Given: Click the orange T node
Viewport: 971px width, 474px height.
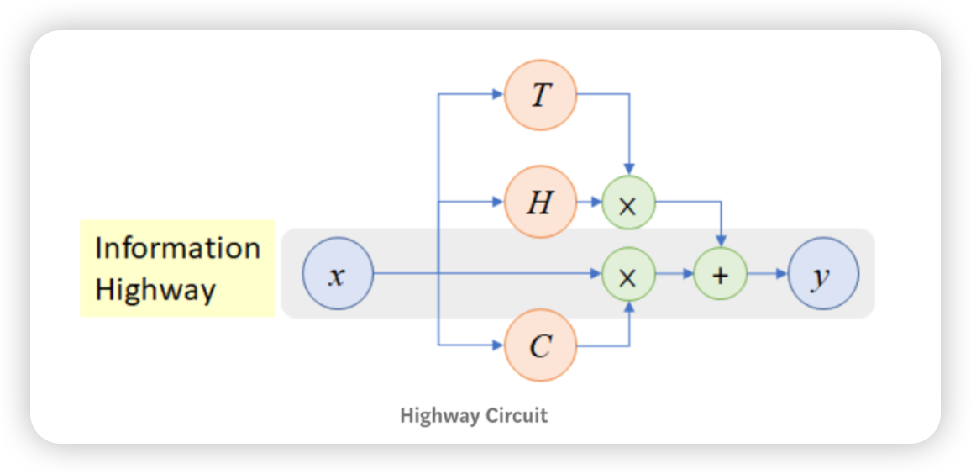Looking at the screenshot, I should click(x=540, y=94).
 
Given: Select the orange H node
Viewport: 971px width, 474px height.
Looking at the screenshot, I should click(x=540, y=202).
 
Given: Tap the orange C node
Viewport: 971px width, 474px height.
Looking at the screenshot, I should click(x=540, y=345).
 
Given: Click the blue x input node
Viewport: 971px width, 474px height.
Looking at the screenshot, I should click(x=337, y=274).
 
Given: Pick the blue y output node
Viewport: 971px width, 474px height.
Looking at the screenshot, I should click(x=823, y=274).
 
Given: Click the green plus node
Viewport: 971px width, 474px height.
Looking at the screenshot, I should click(x=721, y=274).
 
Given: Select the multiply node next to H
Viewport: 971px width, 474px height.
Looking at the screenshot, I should click(x=627, y=203).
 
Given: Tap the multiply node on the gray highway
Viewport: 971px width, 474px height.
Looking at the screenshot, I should click(x=627, y=274).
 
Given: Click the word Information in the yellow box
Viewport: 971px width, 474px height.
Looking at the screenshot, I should click(x=177, y=248).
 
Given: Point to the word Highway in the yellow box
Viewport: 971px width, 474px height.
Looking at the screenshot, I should click(x=155, y=289).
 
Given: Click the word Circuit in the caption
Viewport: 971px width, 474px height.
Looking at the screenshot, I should click(x=520, y=415).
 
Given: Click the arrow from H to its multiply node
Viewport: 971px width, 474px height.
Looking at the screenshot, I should click(x=590, y=202).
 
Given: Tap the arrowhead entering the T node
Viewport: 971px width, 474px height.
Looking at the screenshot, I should click(x=497, y=94).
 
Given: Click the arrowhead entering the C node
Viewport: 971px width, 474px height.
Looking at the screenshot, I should click(x=497, y=345).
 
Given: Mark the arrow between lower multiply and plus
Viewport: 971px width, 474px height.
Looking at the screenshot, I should click(x=674, y=274).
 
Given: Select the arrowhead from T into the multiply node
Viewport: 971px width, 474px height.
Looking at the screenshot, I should click(x=629, y=171).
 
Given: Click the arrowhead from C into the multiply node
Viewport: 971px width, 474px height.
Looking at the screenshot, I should click(x=629, y=306).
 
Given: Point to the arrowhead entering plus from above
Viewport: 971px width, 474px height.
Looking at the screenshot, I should click(x=721, y=242).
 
